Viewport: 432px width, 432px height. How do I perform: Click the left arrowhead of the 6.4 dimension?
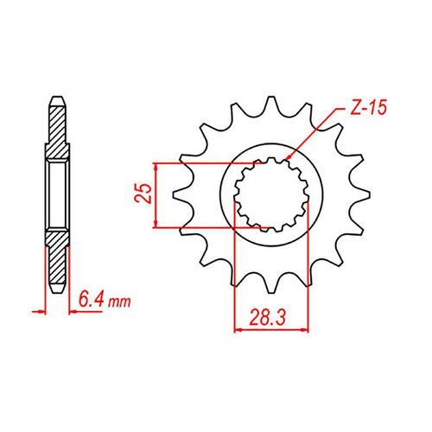(43, 308)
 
